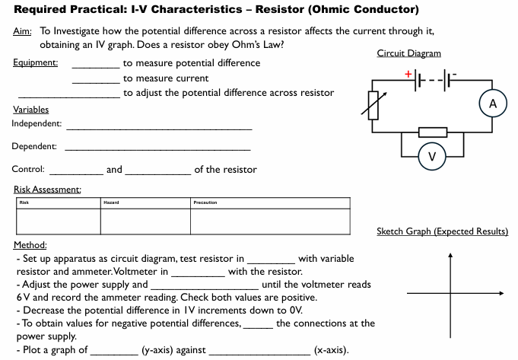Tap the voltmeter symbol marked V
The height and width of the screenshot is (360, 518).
(x=431, y=157)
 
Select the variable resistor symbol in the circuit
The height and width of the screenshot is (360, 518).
(x=372, y=105)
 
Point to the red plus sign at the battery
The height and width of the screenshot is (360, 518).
(x=408, y=74)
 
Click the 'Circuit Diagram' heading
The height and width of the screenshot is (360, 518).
(x=408, y=53)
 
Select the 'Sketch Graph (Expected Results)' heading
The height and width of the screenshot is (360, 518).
(x=442, y=231)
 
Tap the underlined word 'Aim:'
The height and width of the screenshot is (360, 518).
(x=22, y=31)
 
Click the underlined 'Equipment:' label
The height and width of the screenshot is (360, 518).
(x=36, y=62)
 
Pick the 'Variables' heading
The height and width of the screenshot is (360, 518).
(x=31, y=110)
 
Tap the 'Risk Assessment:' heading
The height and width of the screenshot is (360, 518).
(x=48, y=189)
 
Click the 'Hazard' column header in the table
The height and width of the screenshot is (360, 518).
(x=113, y=202)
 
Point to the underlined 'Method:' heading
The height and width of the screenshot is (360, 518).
(x=30, y=245)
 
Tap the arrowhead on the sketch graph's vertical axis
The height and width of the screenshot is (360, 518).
(x=450, y=256)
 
